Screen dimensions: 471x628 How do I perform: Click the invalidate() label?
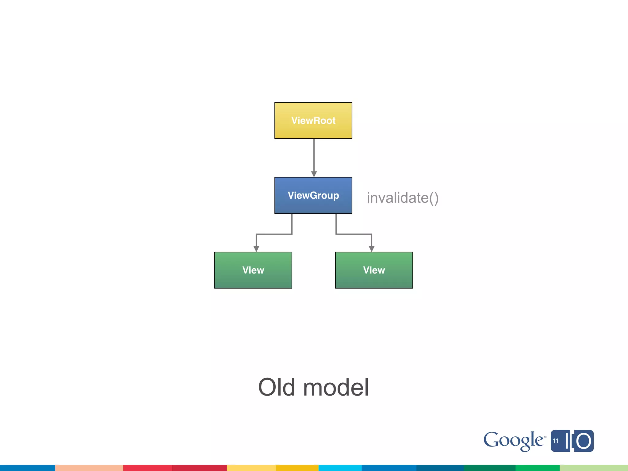[x=402, y=198]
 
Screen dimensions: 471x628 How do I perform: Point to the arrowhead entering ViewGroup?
[x=314, y=174]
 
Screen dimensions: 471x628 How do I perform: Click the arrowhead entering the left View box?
[x=256, y=249]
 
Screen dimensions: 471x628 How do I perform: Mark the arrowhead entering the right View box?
[x=371, y=249]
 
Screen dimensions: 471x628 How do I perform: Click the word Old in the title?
[x=277, y=387]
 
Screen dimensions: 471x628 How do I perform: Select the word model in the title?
[x=336, y=387]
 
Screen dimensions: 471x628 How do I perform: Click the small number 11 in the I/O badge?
[x=556, y=441]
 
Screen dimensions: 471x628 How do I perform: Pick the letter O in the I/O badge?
[x=583, y=441]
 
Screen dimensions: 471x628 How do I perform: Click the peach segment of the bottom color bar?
[x=89, y=468]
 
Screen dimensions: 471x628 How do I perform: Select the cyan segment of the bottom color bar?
[x=340, y=468]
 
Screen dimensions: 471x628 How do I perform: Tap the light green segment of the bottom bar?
[x=593, y=468]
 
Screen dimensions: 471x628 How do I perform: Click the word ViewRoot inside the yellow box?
[x=313, y=121]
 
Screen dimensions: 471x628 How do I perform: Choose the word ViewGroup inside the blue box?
[x=313, y=195]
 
